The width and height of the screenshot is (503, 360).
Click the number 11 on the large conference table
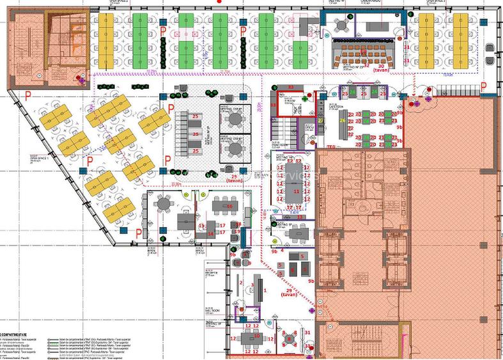click(296, 191)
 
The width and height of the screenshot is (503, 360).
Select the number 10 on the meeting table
click(255, 335)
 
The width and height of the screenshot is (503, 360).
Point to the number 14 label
click(210, 233)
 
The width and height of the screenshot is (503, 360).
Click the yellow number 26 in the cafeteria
click(343, 120)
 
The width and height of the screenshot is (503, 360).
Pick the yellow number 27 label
click(320, 120)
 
